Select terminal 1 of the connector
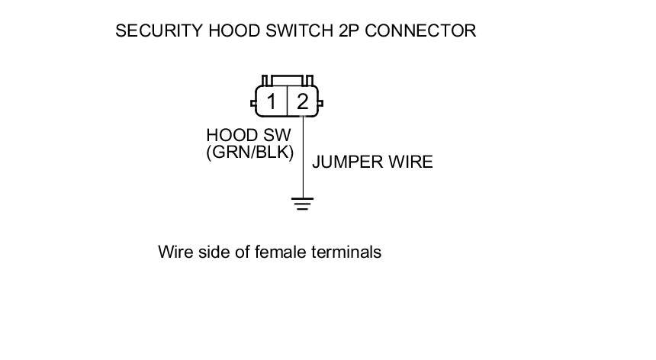[271, 101]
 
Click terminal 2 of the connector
[303, 101]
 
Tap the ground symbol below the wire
[303, 204]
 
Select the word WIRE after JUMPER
[413, 162]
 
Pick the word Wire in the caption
[175, 252]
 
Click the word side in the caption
[214, 252]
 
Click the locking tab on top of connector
[287, 79]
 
